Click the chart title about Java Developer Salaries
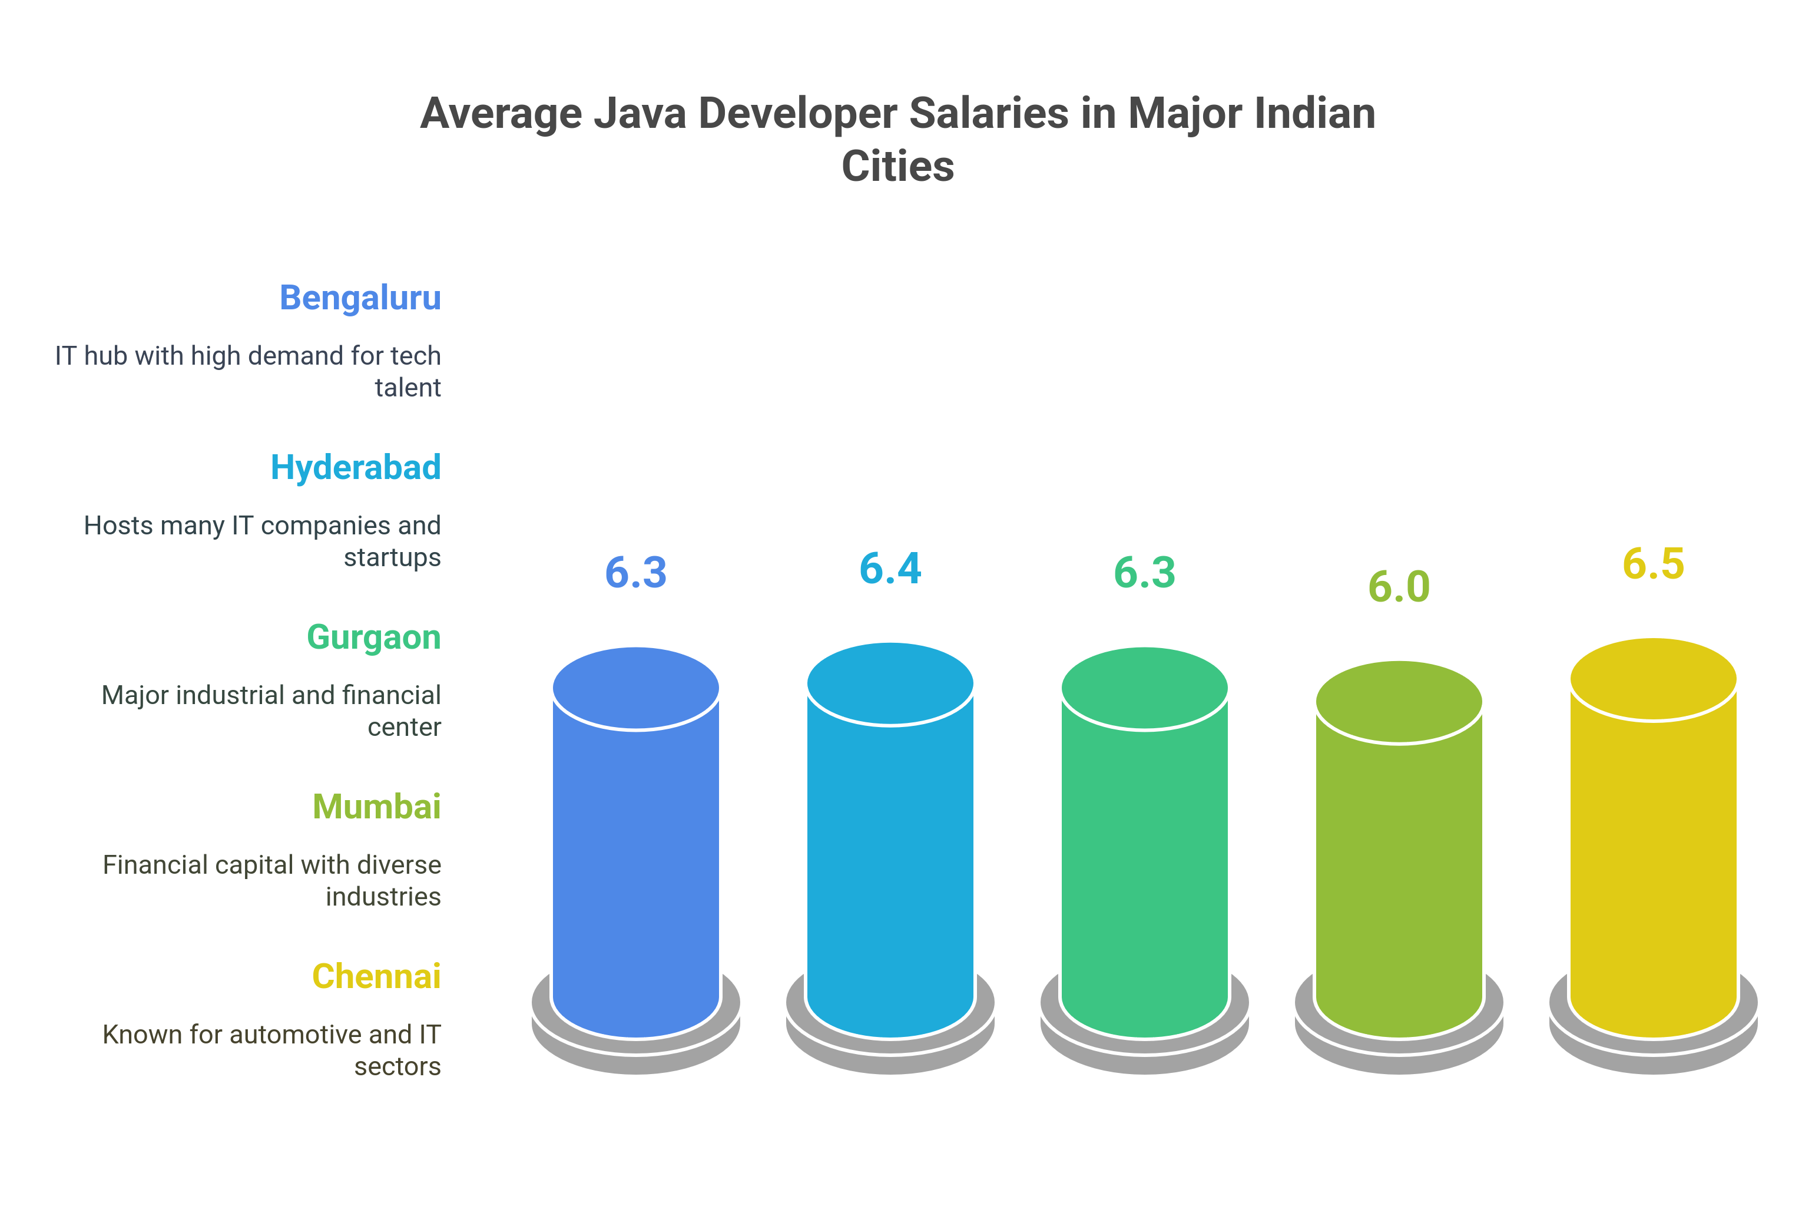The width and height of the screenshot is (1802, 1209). (x=898, y=140)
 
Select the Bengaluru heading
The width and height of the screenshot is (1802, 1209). (x=360, y=298)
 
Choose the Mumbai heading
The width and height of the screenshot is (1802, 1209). (x=376, y=807)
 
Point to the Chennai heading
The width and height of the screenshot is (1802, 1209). (x=376, y=976)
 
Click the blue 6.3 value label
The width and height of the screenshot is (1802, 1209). (x=636, y=573)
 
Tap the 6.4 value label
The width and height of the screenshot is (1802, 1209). (x=890, y=568)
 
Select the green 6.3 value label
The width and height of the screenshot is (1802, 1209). (x=1145, y=573)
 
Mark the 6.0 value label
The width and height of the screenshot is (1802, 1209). (x=1399, y=587)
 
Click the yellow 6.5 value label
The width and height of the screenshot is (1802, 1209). (x=1653, y=564)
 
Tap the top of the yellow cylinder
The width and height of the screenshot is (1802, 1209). (x=1653, y=679)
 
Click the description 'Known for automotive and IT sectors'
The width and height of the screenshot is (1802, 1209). (x=271, y=1050)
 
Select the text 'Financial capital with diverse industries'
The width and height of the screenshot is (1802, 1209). (x=271, y=881)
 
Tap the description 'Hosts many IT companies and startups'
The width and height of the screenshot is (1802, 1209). (x=262, y=541)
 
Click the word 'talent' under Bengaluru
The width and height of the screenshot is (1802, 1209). (x=408, y=387)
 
